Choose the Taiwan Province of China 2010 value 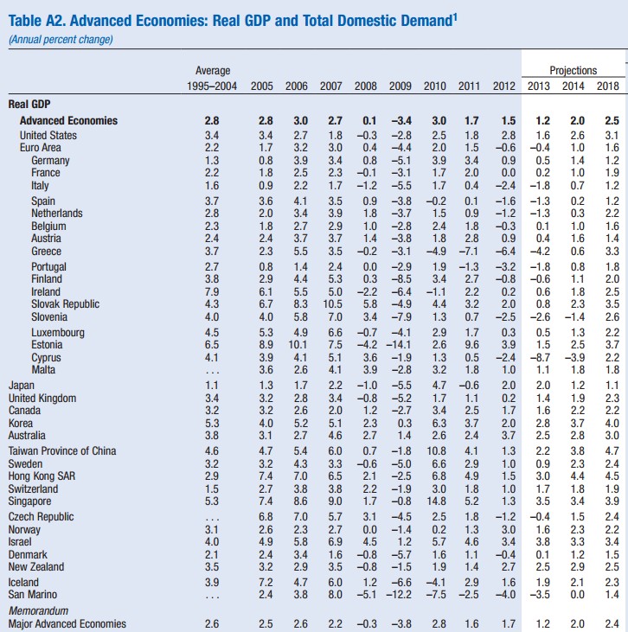435,450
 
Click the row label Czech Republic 40,516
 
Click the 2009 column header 399,86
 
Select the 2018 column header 609,86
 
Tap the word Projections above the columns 573,70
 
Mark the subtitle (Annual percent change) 60,38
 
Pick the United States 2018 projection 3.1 611,136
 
